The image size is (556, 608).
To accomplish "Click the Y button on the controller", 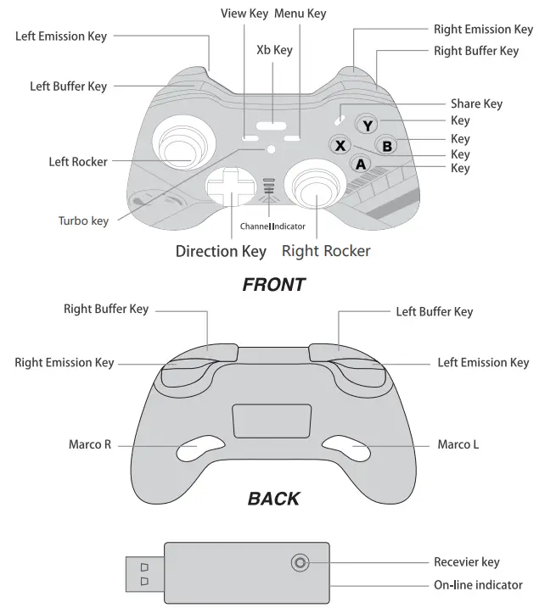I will [367, 126].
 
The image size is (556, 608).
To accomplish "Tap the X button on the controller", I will [340, 146].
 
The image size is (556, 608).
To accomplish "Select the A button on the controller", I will [361, 165].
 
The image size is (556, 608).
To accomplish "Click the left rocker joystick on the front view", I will [183, 142].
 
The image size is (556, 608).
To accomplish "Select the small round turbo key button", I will [271, 148].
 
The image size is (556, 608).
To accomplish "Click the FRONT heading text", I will [273, 285].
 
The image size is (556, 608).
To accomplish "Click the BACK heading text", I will [273, 498].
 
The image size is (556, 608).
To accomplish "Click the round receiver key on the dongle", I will [299, 562].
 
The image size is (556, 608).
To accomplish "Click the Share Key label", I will [476, 103].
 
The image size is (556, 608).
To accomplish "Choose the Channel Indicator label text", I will [272, 226].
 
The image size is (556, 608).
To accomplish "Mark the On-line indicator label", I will [478, 584].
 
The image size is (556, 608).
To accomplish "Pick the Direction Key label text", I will [221, 251].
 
